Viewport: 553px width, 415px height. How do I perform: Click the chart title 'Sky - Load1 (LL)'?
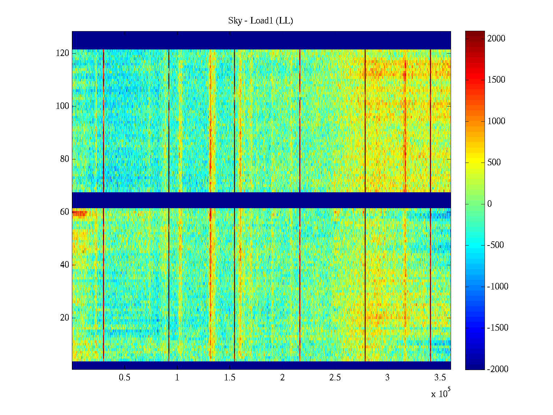click(261, 21)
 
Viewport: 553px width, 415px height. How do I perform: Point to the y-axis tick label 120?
click(63, 53)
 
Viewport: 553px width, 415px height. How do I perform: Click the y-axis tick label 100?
click(63, 106)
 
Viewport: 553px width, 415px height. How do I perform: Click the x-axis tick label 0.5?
click(125, 378)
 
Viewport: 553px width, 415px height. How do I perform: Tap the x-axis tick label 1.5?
click(230, 378)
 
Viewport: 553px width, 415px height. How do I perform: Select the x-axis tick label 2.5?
click(335, 378)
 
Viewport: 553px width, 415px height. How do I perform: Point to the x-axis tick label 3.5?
click(440, 378)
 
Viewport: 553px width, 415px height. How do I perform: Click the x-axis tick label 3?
click(387, 378)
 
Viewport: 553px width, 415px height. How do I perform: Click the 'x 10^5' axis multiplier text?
click(441, 394)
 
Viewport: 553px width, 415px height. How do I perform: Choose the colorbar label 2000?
click(496, 38)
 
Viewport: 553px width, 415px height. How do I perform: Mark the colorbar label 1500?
click(496, 80)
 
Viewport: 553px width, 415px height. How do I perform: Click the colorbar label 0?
click(489, 204)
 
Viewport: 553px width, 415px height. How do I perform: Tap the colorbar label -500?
click(496, 245)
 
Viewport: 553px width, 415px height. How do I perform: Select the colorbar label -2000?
click(498, 369)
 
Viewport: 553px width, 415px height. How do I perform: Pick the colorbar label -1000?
click(498, 286)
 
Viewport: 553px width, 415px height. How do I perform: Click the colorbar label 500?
click(494, 163)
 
